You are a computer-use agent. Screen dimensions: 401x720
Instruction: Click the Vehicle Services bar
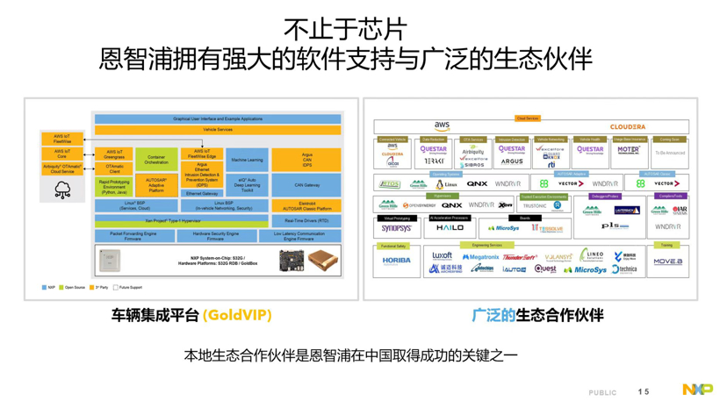coord(217,130)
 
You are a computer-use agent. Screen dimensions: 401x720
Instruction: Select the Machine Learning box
coord(247,160)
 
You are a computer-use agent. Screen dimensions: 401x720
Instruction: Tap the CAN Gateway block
coord(306,185)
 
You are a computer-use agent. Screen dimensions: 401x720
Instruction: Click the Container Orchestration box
coord(156,160)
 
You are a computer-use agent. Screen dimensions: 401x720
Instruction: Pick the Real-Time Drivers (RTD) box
coord(306,221)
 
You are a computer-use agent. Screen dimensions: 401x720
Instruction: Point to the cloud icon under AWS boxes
coord(62,190)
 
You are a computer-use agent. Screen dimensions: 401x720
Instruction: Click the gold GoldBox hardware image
coord(322,261)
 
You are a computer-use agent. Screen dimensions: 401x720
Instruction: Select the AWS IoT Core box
coord(61,154)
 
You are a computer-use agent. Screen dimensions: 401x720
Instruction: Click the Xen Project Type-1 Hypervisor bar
coord(180,221)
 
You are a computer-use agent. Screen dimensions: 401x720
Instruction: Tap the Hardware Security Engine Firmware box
coord(215,236)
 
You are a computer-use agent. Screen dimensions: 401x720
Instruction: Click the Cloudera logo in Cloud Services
coord(627,127)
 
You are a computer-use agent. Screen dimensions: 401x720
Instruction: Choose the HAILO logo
coord(450,228)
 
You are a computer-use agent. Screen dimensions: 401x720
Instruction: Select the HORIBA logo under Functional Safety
coord(396,261)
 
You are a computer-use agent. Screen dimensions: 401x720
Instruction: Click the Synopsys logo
coord(396,228)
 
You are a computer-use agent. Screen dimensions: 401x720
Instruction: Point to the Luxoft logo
coord(442,256)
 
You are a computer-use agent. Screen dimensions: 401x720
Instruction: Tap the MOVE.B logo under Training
coord(667,261)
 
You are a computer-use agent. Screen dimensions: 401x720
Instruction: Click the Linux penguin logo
coord(440,184)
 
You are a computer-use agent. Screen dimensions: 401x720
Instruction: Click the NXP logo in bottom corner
coord(697,389)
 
